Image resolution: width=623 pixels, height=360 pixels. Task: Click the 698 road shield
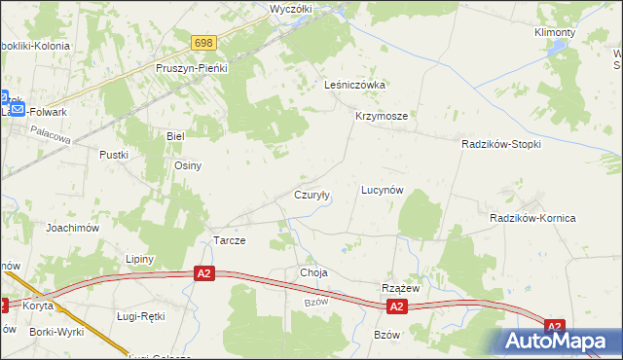[x=203, y=43]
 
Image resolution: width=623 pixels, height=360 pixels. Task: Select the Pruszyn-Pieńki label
[x=191, y=69]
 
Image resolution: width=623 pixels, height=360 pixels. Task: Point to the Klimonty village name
[x=555, y=32]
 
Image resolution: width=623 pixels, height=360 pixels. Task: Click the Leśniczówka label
[x=355, y=85]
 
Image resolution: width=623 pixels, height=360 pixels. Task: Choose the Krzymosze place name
[x=381, y=115]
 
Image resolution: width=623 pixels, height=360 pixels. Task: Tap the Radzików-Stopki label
[x=500, y=143]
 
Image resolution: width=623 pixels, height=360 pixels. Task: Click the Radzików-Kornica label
[x=532, y=218]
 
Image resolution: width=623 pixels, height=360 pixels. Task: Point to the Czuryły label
[x=312, y=195]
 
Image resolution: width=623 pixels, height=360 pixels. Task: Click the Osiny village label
[x=187, y=165]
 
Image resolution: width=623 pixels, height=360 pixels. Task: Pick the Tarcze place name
[x=229, y=240]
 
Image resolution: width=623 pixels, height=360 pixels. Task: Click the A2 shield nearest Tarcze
[x=203, y=274]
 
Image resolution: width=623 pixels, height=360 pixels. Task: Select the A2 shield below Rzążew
[x=396, y=306]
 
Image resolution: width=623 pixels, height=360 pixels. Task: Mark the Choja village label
[x=313, y=273]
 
